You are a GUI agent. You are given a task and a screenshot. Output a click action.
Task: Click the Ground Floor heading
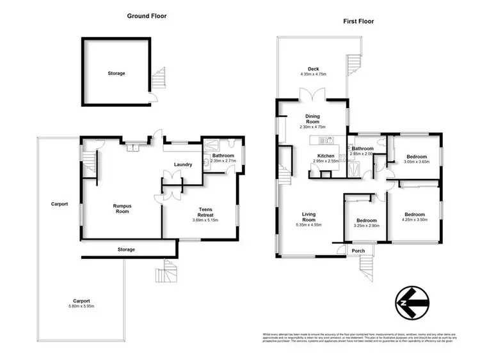point(147,16)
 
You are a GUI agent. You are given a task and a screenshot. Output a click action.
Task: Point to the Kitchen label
point(326,155)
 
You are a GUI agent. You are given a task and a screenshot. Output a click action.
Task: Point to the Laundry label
point(183,165)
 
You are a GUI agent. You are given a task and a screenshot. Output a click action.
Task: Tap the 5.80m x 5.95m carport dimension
point(80,306)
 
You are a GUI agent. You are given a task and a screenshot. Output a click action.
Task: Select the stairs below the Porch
point(367,262)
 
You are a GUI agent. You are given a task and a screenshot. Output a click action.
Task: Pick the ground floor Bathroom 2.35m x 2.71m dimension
point(224,161)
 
